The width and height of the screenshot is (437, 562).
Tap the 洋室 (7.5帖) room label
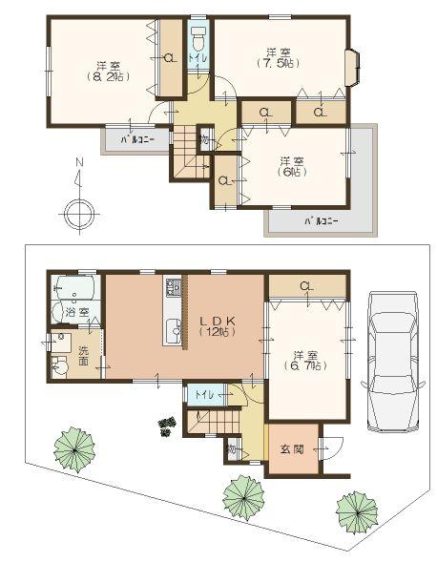click(278, 57)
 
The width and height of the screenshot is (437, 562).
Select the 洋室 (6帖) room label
click(292, 166)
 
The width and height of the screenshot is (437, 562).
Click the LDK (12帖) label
click(215, 324)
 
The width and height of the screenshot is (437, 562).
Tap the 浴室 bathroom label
click(77, 311)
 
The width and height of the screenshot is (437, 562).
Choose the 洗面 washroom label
click(84, 354)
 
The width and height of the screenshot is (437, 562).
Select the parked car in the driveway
click(392, 349)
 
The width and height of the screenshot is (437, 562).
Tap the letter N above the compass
click(78, 163)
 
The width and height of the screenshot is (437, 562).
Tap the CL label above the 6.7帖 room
click(306, 284)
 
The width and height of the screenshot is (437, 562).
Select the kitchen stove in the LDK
click(174, 286)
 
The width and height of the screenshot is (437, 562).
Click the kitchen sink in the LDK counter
click(173, 332)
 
